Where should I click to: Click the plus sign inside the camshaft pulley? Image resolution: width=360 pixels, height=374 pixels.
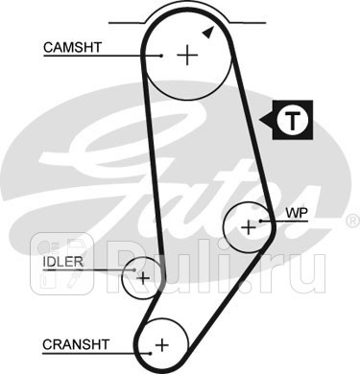coord(186,55)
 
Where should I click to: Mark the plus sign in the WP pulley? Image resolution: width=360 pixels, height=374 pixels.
coord(250,226)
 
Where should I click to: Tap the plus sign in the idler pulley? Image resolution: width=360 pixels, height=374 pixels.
coord(143,278)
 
